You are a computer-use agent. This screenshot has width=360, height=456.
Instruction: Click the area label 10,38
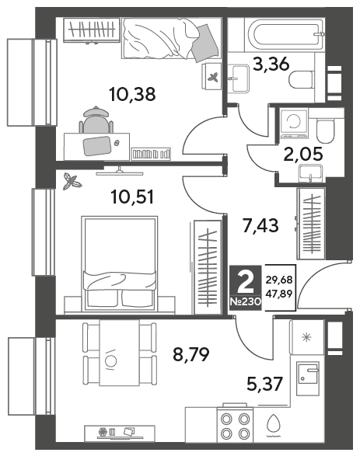(x=132, y=94)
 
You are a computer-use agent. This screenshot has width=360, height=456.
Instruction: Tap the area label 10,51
(x=132, y=197)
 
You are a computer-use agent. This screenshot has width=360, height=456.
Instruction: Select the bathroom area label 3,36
(x=271, y=64)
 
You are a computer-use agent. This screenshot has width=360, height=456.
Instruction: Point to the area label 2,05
(x=303, y=154)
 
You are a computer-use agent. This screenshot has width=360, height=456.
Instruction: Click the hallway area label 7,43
(x=260, y=226)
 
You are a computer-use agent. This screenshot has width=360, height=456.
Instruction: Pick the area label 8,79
(x=191, y=354)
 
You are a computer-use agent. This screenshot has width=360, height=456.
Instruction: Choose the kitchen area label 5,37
(x=264, y=384)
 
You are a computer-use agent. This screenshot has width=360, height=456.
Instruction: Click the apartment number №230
(x=246, y=302)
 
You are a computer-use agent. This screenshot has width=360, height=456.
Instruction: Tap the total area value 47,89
(x=279, y=294)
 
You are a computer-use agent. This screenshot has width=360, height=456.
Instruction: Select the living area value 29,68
(x=279, y=280)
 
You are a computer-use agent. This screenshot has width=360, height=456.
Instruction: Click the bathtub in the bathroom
(x=285, y=34)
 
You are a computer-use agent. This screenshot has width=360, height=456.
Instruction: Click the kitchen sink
(x=308, y=378)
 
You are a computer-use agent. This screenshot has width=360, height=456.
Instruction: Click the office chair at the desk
(x=96, y=120)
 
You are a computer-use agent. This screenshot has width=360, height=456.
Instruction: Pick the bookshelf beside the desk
(x=151, y=154)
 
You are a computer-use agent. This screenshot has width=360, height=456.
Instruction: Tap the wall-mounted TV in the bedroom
(x=119, y=171)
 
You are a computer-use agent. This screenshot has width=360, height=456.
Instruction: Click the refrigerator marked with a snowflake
(x=307, y=337)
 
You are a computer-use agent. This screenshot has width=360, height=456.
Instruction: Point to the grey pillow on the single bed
(x=205, y=43)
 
